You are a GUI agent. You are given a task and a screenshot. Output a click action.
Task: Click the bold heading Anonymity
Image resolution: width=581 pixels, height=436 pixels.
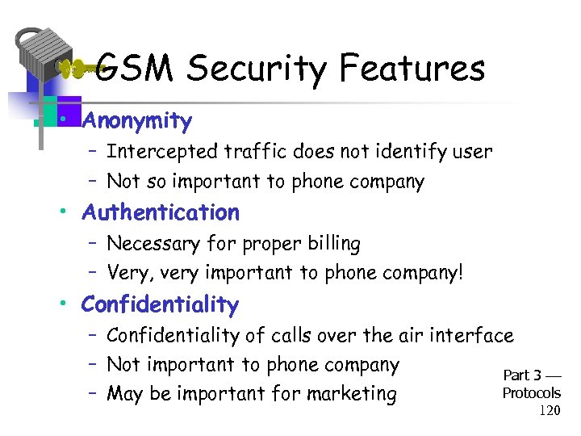pos(137,122)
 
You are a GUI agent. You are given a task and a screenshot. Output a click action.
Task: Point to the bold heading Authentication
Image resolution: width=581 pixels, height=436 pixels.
pos(161,213)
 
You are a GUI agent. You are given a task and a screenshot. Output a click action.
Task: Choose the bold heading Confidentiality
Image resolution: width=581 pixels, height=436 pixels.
pos(160,305)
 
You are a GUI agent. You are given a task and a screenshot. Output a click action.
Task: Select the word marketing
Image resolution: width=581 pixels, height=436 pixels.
pos(348,394)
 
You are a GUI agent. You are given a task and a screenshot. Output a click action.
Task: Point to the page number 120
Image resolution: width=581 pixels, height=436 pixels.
pos(550,411)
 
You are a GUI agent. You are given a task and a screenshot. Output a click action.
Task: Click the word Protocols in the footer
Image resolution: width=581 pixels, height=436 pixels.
pos(531,393)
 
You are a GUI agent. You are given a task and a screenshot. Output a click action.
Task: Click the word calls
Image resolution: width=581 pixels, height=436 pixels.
pos(296,335)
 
